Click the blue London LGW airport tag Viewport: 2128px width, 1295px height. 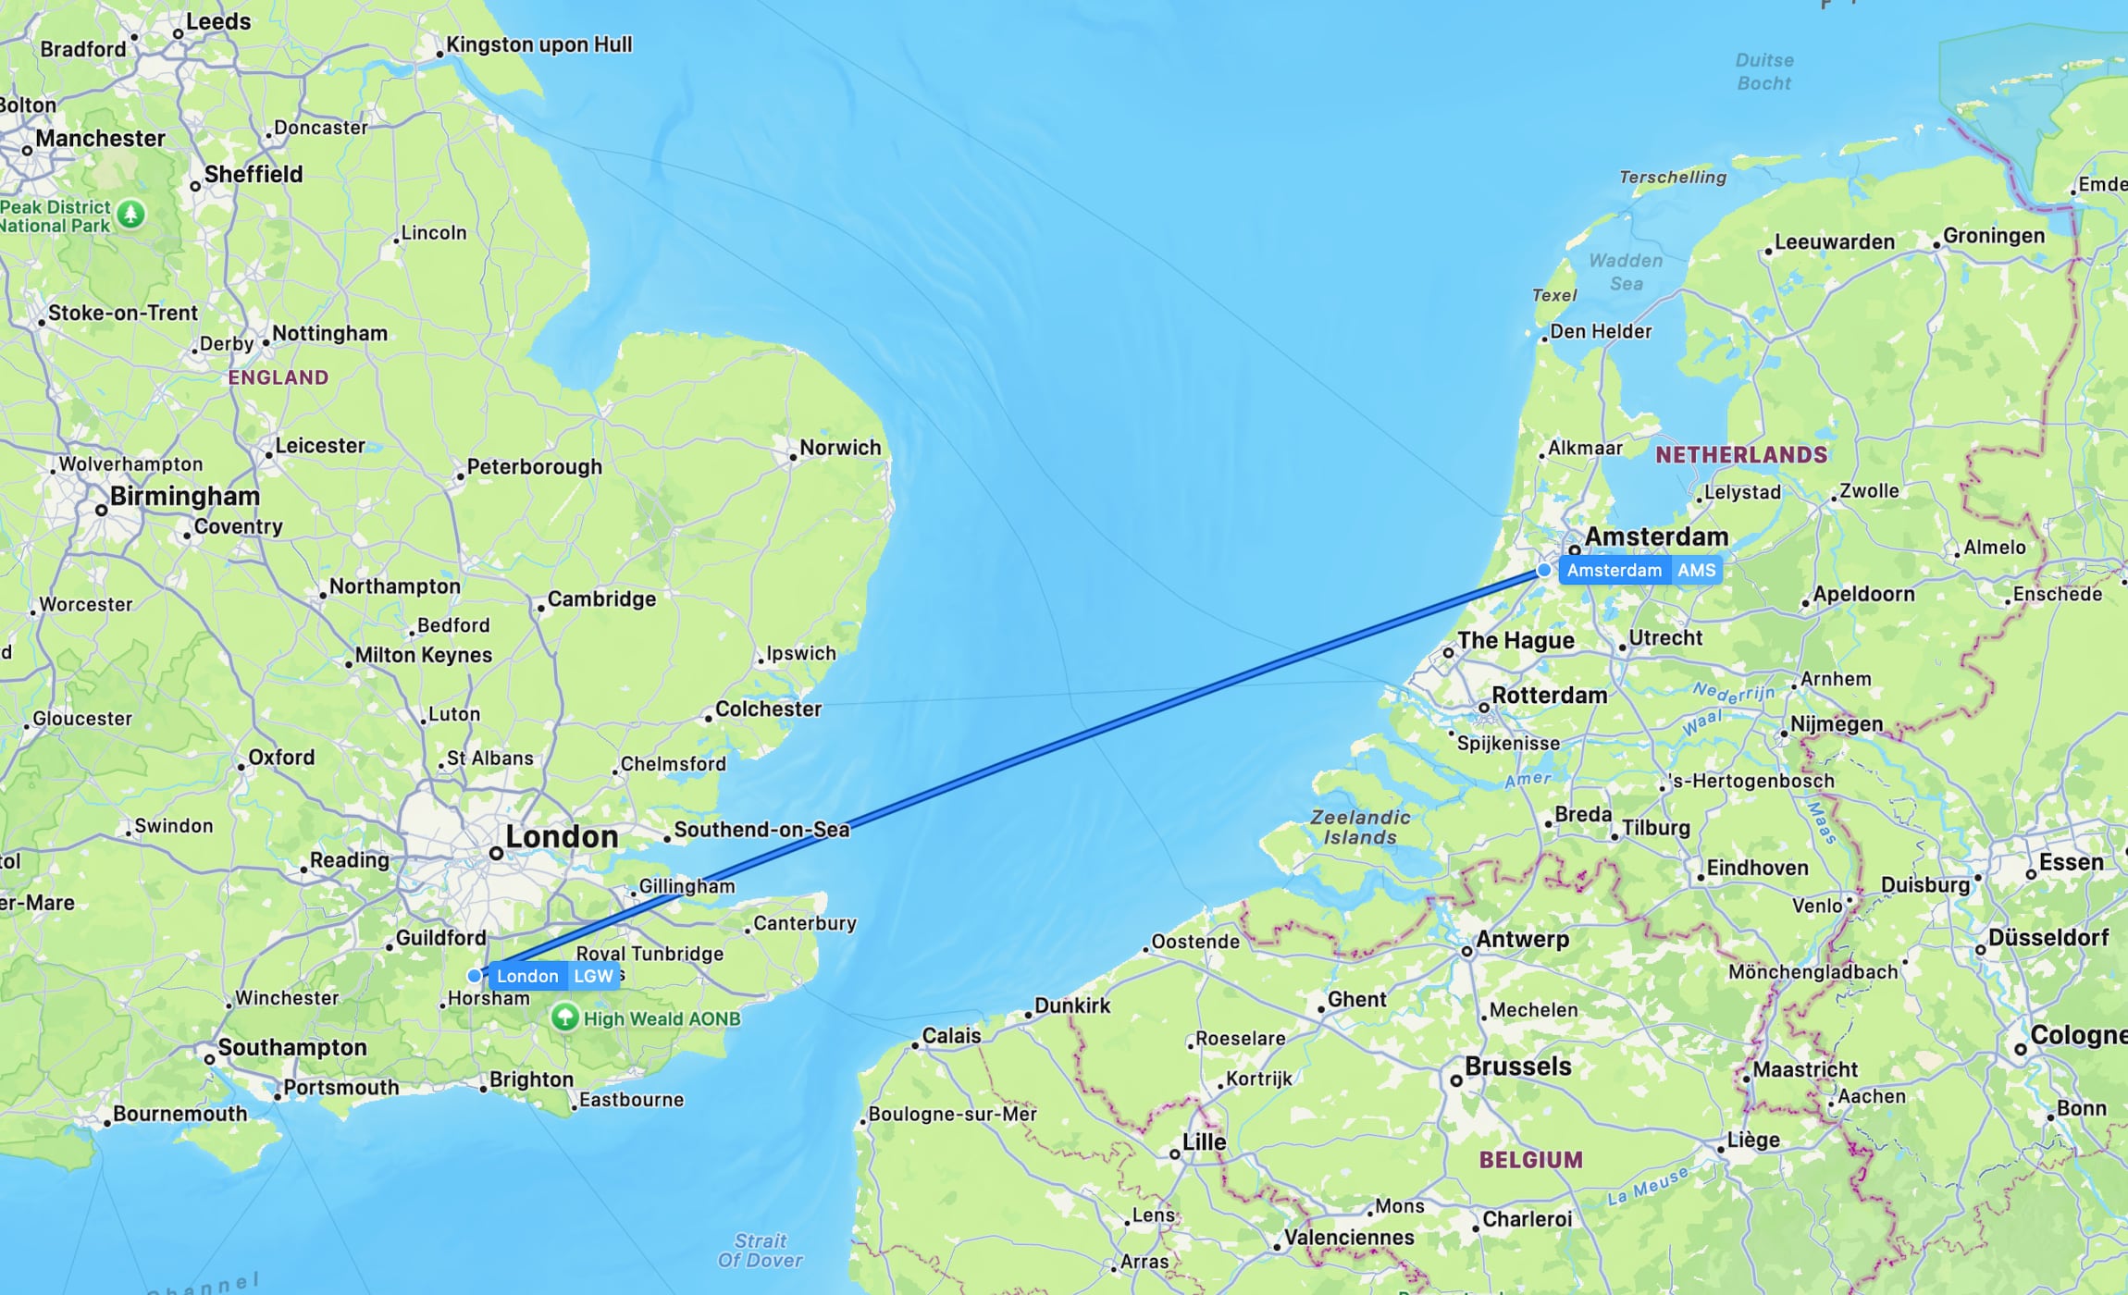point(553,976)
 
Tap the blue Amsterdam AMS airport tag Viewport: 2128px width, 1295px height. point(1640,570)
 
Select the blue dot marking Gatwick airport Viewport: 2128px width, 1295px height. point(475,975)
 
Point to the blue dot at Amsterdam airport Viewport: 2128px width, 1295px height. point(1544,571)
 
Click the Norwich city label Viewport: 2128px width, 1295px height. point(839,448)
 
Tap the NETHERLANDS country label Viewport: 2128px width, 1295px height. point(1741,454)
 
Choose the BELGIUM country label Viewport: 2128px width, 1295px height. point(1530,1159)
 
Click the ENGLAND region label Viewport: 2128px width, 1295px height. point(278,377)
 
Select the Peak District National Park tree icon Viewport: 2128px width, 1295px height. point(131,215)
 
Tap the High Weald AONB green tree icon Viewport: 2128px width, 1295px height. point(564,1017)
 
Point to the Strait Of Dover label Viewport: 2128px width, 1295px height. point(761,1250)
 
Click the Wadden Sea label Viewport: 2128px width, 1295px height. point(1626,272)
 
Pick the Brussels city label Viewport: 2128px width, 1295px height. point(1517,1067)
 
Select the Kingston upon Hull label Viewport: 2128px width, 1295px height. point(538,44)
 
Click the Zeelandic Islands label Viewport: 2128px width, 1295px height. point(1360,827)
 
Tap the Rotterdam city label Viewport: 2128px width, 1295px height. point(1549,695)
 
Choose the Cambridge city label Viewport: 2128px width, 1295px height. point(601,598)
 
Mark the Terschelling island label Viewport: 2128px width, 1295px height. point(1672,177)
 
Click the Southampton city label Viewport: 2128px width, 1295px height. point(291,1047)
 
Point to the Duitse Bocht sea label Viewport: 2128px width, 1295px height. point(1763,71)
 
